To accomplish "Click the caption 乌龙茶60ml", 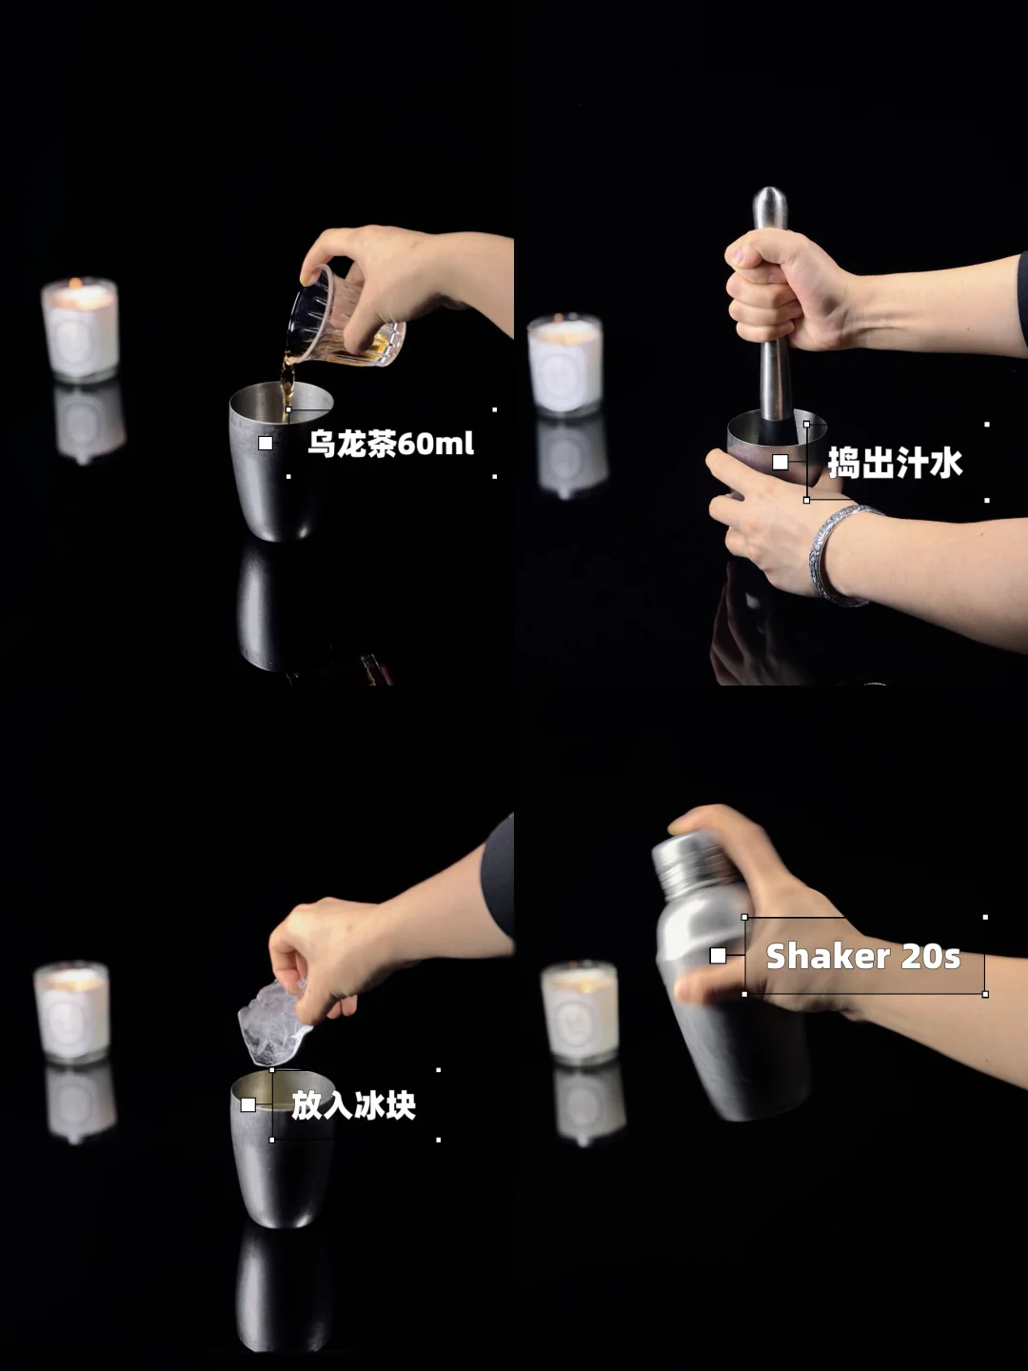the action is click(x=390, y=444).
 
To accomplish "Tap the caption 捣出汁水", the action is click(x=895, y=463).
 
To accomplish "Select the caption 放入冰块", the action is click(x=353, y=1105).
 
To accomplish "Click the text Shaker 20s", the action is click(x=863, y=956).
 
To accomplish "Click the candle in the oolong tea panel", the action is click(x=79, y=329).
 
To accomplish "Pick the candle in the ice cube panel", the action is click(x=71, y=1012).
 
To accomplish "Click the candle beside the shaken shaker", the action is click(x=580, y=1012).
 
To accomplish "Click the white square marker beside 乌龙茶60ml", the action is click(x=266, y=443).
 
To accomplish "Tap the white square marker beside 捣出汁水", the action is click(x=781, y=462).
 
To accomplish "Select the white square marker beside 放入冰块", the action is click(x=247, y=1105).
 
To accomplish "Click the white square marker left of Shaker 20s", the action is click(x=718, y=956).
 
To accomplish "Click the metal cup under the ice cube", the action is click(x=281, y=1148).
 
